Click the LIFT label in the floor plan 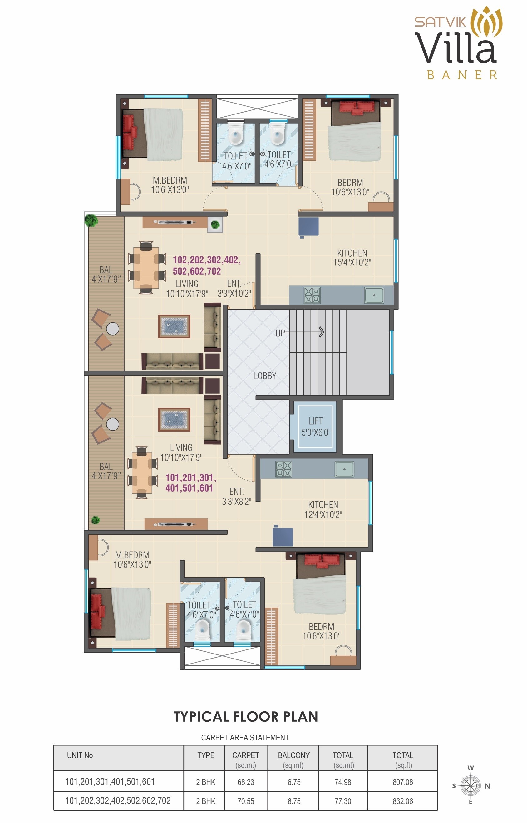[315, 421]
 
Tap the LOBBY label [265, 376]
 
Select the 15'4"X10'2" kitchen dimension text [352, 262]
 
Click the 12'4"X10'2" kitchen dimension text [323, 515]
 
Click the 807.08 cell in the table [402, 782]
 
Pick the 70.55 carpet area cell [246, 801]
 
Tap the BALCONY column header [293, 755]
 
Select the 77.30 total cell [342, 801]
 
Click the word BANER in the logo [462, 75]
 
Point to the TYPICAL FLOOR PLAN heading [246, 717]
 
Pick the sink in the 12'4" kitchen [344, 469]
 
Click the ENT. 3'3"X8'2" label [236, 497]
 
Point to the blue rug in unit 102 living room [174, 326]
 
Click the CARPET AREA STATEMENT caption [245, 738]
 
